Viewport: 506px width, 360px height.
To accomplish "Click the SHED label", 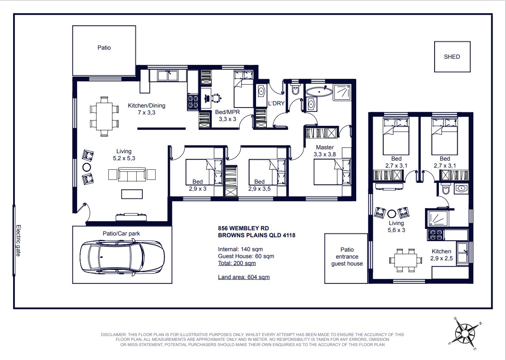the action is coord(452,57).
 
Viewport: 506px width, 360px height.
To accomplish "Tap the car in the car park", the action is coord(122,257).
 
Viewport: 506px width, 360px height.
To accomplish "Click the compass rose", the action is coord(465,333).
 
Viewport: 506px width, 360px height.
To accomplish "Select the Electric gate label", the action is coord(18,241).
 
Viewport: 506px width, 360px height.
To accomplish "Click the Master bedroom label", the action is coord(325,148).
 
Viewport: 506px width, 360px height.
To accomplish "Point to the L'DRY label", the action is coord(276,104).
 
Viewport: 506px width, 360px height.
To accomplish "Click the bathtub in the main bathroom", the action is coord(319,91).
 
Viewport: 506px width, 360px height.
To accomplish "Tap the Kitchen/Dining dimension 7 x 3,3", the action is coord(146,113).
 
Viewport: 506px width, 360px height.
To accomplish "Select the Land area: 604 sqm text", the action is coord(244,277).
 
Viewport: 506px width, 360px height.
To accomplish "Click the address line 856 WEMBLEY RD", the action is coord(243,229).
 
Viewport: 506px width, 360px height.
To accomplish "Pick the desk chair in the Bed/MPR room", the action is coord(216,97).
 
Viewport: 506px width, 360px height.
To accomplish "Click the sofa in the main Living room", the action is coord(132,175).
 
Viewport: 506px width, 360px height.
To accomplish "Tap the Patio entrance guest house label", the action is coord(347,256).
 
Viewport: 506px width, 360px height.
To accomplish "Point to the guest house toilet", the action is coord(445,189).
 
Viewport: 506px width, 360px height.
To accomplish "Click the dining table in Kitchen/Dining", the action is coord(104,116).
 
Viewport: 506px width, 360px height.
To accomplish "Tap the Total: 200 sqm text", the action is coord(237,263).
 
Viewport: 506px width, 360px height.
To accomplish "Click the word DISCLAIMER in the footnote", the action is coord(114,335).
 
